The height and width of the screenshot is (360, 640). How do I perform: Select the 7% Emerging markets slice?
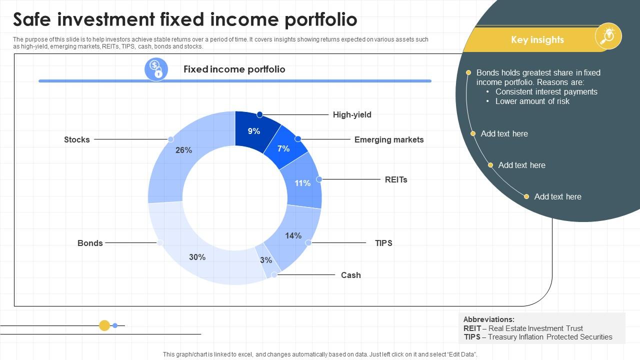coord(283,148)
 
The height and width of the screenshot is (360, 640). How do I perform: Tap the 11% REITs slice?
coord(302,183)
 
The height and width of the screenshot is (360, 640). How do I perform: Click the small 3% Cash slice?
coord(266,260)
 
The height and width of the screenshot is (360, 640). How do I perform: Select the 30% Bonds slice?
coord(197,257)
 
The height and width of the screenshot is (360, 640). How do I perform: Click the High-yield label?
coord(352,114)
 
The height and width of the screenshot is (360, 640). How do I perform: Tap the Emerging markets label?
coord(388,139)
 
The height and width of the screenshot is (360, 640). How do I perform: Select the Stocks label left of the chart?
coord(77,139)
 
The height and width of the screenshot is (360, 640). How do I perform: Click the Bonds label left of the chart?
coord(90,243)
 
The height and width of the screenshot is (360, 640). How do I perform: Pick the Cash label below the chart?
coord(350,275)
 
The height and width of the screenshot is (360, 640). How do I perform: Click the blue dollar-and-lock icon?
coord(156,69)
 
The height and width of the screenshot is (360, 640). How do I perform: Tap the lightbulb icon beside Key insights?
coord(608,36)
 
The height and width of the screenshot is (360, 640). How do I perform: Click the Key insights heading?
coord(537,39)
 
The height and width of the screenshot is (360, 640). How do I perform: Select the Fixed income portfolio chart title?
coord(234,69)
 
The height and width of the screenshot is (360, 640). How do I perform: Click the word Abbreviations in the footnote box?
coord(488,319)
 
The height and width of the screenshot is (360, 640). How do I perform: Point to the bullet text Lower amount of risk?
coord(532,101)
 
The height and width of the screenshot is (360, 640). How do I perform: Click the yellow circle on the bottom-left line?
coord(104,325)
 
